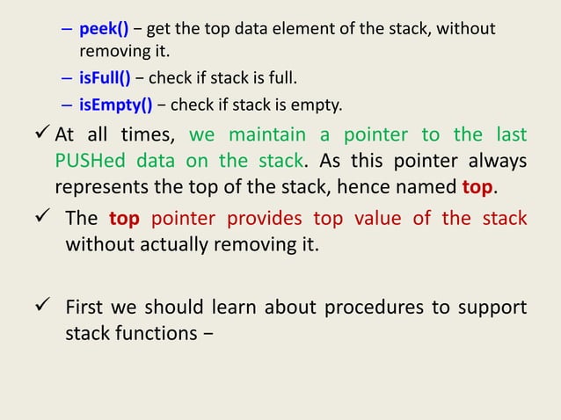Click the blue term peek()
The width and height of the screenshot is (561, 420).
pyautogui.click(x=104, y=30)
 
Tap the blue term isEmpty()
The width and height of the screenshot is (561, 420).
pyautogui.click(x=115, y=108)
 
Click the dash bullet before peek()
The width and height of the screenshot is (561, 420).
pyautogui.click(x=67, y=31)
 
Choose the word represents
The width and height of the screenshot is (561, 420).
pyautogui.click(x=101, y=188)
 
